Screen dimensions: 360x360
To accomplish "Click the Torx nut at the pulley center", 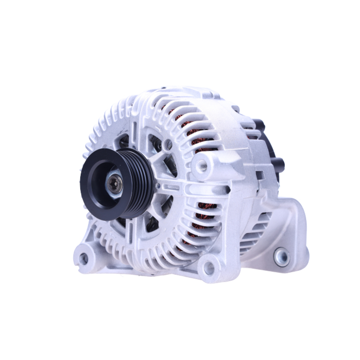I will point(115,184).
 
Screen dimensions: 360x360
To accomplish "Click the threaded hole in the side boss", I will point(203,166).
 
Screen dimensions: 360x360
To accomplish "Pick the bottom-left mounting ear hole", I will point(84,258).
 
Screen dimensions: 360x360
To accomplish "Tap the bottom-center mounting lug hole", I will point(209,268).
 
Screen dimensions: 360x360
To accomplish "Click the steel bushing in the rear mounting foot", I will point(281,257).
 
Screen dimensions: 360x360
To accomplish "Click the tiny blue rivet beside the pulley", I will point(158,186).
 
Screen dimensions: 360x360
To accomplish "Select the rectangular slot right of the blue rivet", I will point(173,188).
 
